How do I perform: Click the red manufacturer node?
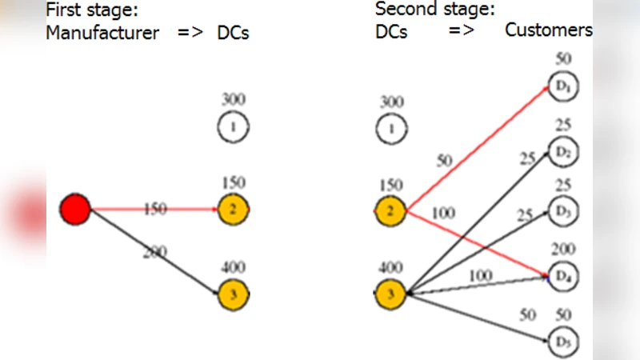point(75,210)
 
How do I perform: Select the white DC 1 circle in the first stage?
point(234,126)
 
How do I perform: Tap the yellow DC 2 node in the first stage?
point(234,210)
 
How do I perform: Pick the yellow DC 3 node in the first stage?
point(234,294)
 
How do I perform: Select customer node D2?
point(562,150)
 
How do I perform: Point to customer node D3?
point(562,211)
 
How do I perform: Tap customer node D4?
point(562,276)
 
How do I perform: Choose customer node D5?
point(562,342)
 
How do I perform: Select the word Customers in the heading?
point(549,30)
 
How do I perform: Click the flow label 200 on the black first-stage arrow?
point(154,251)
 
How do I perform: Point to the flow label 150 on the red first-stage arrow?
point(155,210)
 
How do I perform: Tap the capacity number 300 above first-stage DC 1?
point(234,100)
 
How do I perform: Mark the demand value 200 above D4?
point(563,250)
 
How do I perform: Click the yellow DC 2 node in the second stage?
point(390,212)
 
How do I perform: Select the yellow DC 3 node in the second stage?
point(390,294)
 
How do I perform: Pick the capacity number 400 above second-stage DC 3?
point(390,267)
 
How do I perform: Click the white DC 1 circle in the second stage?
point(390,127)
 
